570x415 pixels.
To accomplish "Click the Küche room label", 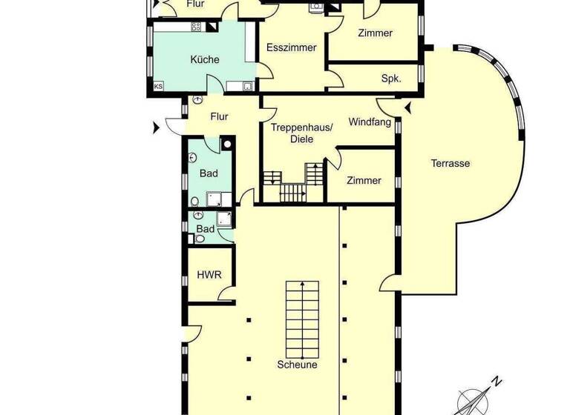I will [204, 59].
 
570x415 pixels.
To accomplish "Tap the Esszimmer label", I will [292, 47].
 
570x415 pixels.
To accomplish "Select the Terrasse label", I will [451, 163].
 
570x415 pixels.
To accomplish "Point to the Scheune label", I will [297, 365].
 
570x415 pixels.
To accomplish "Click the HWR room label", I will [209, 275].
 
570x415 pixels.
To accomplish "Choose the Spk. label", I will [391, 78].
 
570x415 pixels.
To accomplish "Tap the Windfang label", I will [370, 122].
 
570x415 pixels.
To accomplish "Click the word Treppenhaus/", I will [302, 127].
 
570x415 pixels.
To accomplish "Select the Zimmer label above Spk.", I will [375, 33].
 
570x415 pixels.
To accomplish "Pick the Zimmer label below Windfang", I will [364, 181].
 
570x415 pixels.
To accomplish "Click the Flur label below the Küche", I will [219, 116].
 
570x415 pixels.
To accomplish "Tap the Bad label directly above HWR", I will [206, 229].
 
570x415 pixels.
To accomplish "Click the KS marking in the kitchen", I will [158, 87].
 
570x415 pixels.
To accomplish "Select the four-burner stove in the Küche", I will [196, 27].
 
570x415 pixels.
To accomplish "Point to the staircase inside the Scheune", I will [302, 319].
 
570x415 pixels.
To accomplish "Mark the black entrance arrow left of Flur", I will [155, 128].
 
